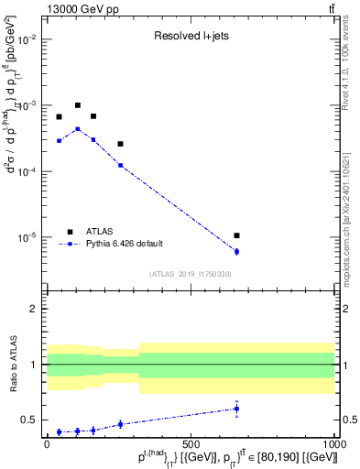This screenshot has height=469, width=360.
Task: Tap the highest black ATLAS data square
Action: tap(78, 105)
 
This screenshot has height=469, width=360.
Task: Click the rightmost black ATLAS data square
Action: tap(236, 235)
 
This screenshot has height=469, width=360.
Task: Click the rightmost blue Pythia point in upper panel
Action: tap(236, 251)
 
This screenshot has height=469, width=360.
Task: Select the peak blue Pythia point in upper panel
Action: tap(78, 129)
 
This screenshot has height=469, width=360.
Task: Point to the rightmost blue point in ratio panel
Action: tap(236, 409)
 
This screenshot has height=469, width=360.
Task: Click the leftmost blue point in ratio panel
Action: tap(60, 431)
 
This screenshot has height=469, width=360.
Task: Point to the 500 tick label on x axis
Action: tap(191, 443)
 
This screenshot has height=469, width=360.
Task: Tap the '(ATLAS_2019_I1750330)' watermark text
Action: tap(190, 274)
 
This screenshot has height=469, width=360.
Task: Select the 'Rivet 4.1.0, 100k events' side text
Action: tap(351, 64)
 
